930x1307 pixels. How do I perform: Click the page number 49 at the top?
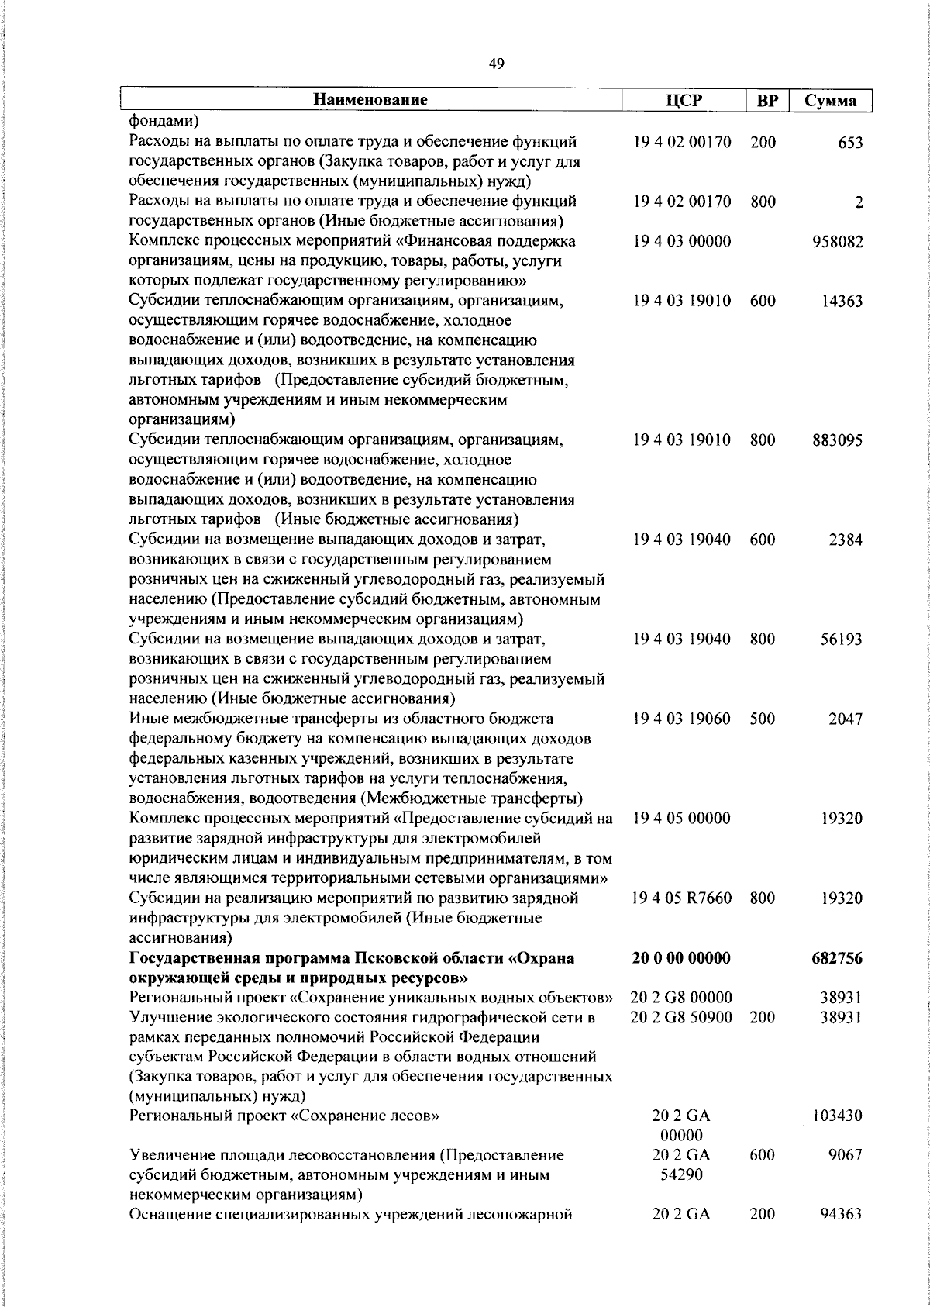pyautogui.click(x=497, y=64)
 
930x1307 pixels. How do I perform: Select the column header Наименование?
pyautogui.click(x=370, y=100)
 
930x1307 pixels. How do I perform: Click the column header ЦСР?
pyautogui.click(x=683, y=101)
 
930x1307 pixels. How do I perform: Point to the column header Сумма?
pyautogui.click(x=830, y=101)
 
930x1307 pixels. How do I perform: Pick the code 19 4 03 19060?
pyautogui.click(x=682, y=719)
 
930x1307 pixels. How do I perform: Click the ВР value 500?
pyautogui.click(x=763, y=719)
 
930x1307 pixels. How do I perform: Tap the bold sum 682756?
pyautogui.click(x=837, y=959)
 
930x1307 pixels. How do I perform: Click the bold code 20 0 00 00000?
pyautogui.click(x=682, y=959)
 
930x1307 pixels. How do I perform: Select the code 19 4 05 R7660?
pyautogui.click(x=682, y=898)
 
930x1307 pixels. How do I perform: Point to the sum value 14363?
pyautogui.click(x=842, y=302)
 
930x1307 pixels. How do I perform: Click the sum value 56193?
pyautogui.click(x=842, y=640)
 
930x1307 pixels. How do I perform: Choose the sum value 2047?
pyautogui.click(x=846, y=719)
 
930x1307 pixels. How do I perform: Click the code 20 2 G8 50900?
pyautogui.click(x=682, y=1017)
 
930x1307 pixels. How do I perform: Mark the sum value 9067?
pyautogui.click(x=846, y=1155)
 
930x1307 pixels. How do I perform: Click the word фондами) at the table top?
pyautogui.click(x=163, y=121)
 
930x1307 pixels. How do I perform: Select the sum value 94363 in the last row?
pyautogui.click(x=842, y=1215)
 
